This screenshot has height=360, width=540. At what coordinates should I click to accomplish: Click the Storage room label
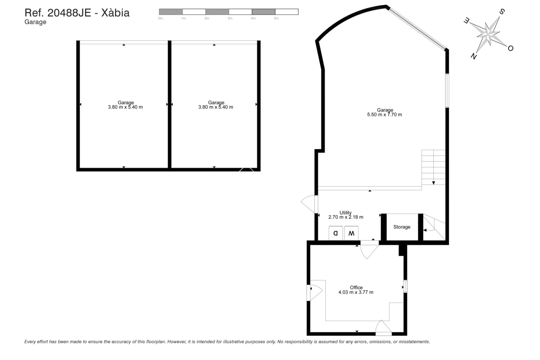click(402, 227)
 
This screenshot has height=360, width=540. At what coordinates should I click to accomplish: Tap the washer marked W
click(351, 233)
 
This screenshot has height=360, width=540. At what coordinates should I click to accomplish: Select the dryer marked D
click(336, 233)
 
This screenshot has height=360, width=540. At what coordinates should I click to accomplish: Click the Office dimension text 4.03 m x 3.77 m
click(356, 292)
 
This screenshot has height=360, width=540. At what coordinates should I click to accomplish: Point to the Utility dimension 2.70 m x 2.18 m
click(346, 217)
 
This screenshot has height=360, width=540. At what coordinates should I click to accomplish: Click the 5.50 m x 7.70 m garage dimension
click(384, 114)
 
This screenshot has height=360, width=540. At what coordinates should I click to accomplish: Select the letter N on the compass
click(474, 56)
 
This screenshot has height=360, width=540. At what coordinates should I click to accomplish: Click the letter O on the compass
click(510, 48)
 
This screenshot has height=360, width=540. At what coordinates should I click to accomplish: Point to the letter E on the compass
click(466, 21)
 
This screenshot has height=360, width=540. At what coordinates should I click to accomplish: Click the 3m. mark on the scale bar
click(230, 18)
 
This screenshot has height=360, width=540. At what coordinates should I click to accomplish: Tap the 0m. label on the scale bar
click(161, 18)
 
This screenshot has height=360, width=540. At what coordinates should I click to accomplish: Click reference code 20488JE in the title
click(69, 13)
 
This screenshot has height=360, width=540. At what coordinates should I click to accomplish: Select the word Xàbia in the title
click(115, 13)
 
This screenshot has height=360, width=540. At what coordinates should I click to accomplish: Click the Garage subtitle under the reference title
click(35, 22)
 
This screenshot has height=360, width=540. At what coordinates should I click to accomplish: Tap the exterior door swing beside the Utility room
click(309, 203)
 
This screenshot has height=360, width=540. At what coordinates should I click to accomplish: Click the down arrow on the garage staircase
click(433, 183)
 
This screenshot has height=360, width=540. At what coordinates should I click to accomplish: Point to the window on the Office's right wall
click(405, 286)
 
